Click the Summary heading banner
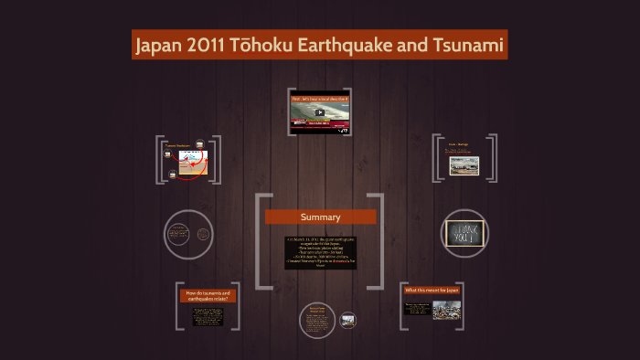coord(320,217)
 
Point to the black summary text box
coord(320,252)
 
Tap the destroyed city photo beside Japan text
coord(446,310)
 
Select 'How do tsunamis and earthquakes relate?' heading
coord(208,295)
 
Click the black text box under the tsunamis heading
coord(208,315)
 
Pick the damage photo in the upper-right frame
coord(464,165)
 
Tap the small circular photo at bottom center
coord(347,320)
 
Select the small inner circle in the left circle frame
coord(203,235)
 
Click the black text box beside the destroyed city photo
coord(419,309)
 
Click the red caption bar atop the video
coord(319,98)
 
